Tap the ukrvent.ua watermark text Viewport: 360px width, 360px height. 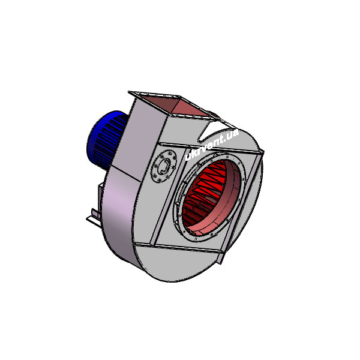(212, 145)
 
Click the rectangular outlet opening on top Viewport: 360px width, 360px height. (175, 105)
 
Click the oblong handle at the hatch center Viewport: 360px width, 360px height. (164, 166)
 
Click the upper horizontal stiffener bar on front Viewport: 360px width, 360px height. (211, 148)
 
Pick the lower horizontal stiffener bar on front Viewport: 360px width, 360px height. (179, 248)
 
